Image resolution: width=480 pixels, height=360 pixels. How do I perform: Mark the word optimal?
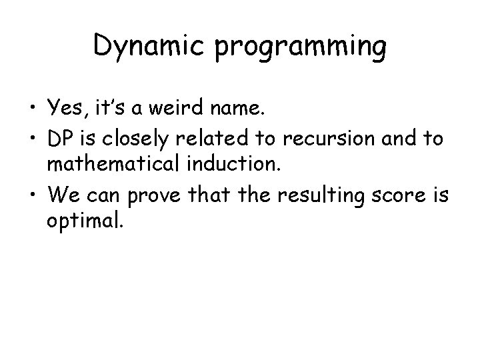tap(84, 221)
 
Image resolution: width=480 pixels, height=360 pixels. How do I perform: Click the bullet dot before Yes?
tap(33, 107)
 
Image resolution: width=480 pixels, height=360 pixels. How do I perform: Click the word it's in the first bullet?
tap(112, 107)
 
